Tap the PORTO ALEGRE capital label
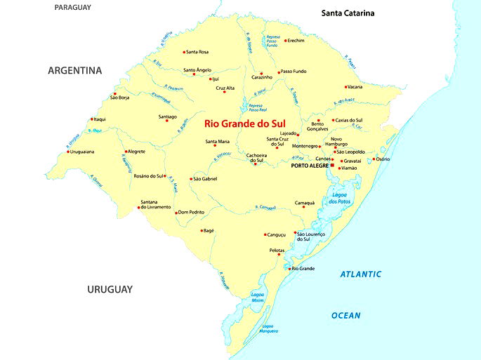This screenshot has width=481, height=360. (x=310, y=166)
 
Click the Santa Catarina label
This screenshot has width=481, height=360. (x=348, y=13)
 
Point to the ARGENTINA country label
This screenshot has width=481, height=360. (x=75, y=71)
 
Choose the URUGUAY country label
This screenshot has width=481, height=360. (x=110, y=289)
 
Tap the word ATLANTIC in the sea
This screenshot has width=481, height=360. (x=361, y=274)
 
